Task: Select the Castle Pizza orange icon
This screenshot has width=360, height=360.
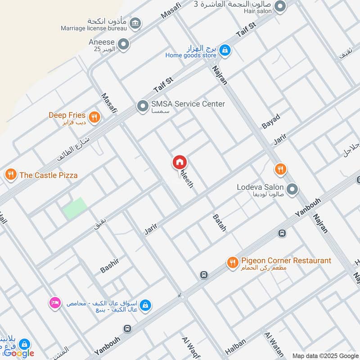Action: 11,174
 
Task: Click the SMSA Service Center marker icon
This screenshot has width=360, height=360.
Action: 143,106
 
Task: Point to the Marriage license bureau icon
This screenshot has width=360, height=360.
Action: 135,22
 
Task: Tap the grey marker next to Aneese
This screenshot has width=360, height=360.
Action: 123,44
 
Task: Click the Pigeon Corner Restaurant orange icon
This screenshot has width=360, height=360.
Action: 232,262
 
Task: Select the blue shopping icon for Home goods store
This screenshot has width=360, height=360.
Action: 226,50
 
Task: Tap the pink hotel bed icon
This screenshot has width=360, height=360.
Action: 55,302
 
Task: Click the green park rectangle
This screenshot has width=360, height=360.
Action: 75,208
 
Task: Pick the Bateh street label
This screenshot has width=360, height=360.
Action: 219,223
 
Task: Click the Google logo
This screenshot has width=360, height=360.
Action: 19,353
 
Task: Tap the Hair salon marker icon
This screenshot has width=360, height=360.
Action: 280,6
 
